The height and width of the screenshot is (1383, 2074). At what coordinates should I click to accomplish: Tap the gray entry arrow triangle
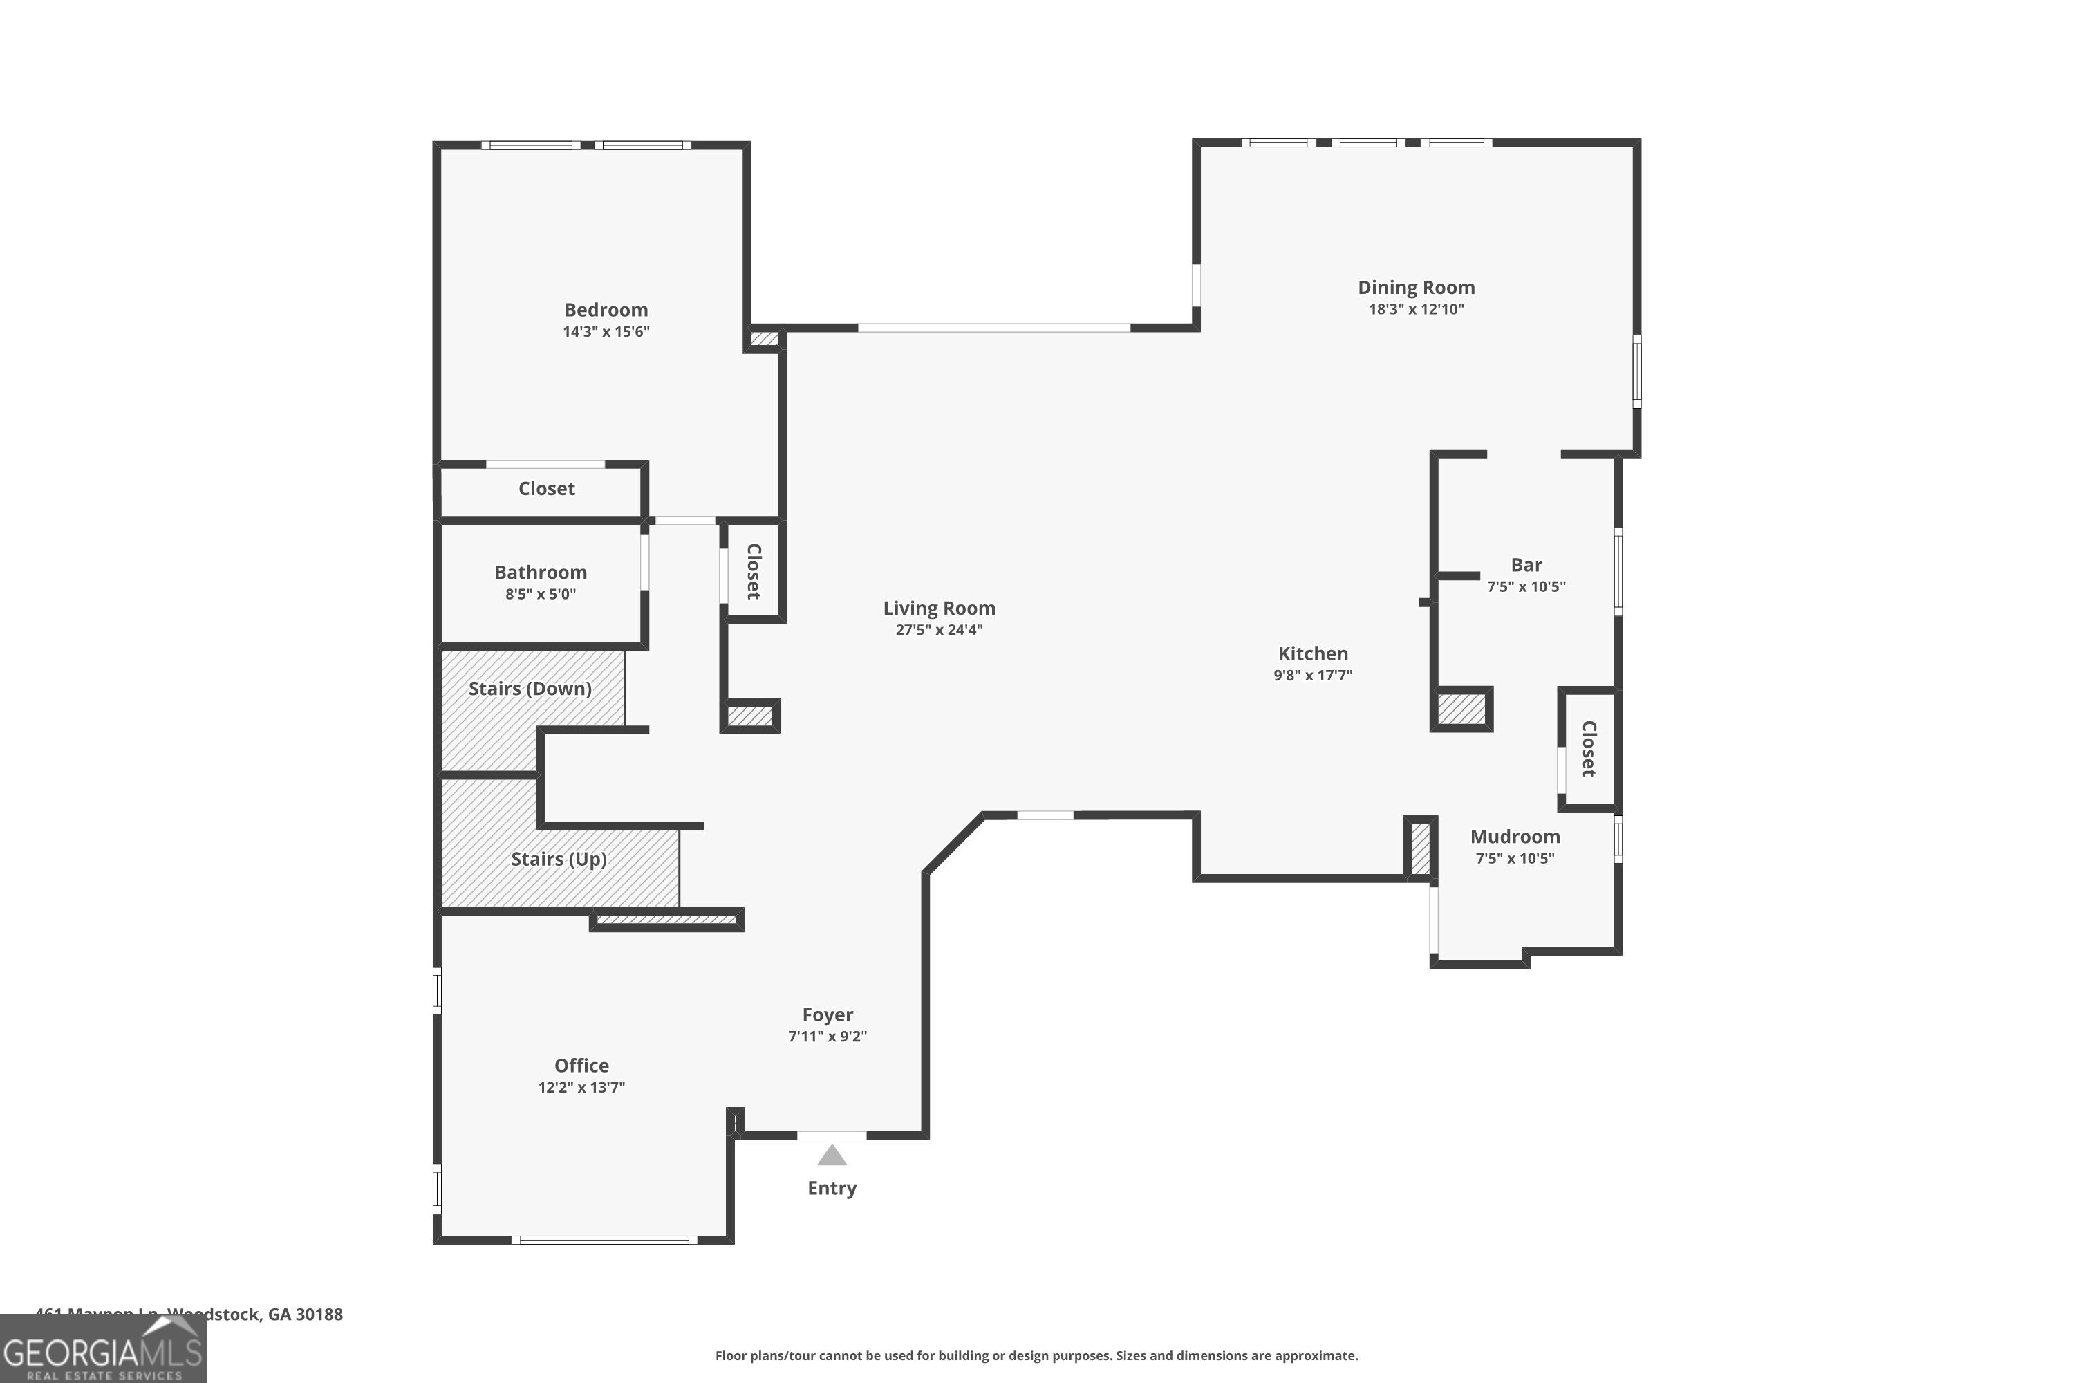(832, 1156)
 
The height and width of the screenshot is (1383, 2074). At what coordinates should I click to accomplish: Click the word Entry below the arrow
(832, 1188)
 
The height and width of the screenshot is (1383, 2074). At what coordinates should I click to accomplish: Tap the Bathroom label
(540, 573)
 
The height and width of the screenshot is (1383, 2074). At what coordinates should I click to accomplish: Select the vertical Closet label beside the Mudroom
(1589, 749)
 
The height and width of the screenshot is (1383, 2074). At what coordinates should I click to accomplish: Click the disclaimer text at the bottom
(1036, 1355)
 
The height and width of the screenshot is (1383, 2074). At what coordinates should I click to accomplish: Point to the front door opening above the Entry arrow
(832, 1135)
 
